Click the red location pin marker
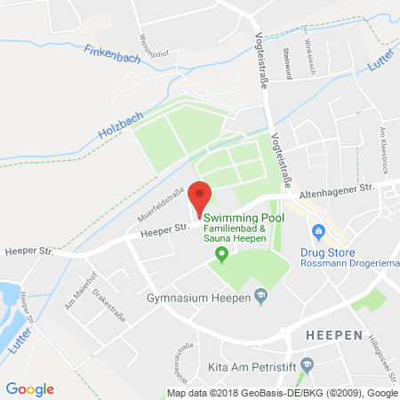tap(201, 196)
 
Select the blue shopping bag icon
tap(317, 232)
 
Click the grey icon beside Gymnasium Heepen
tap(260, 295)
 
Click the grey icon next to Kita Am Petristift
tap(308, 364)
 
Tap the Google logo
tap(29, 388)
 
